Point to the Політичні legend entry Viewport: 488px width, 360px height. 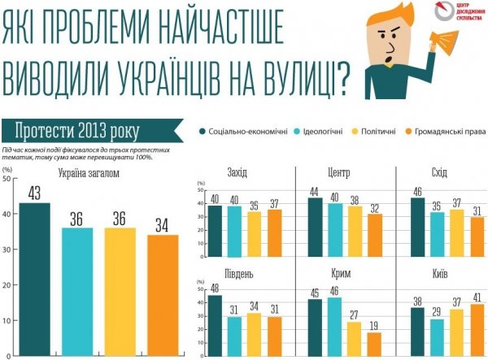pyautogui.click(x=379, y=130)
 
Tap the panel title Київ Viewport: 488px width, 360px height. pyautogui.click(x=441, y=274)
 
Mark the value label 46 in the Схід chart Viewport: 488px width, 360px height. pyautogui.click(x=417, y=191)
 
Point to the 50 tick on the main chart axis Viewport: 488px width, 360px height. pyautogui.click(x=7, y=178)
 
